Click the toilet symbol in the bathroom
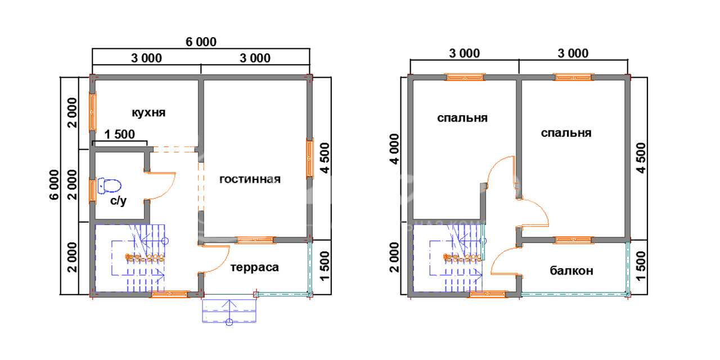(x=110, y=186)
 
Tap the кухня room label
(x=148, y=113)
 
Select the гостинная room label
(x=250, y=179)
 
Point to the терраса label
(x=255, y=267)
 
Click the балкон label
(x=571, y=271)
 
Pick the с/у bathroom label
(x=118, y=201)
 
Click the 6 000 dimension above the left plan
(x=201, y=42)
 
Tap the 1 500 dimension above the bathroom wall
(x=120, y=134)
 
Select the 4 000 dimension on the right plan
(x=394, y=149)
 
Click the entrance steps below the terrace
(x=229, y=311)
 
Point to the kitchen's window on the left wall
(x=93, y=112)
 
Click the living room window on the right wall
(x=309, y=159)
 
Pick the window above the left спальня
(x=465, y=77)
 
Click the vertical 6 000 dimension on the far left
(x=55, y=185)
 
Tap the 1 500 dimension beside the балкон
(x=640, y=266)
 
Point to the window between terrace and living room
(x=255, y=240)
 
